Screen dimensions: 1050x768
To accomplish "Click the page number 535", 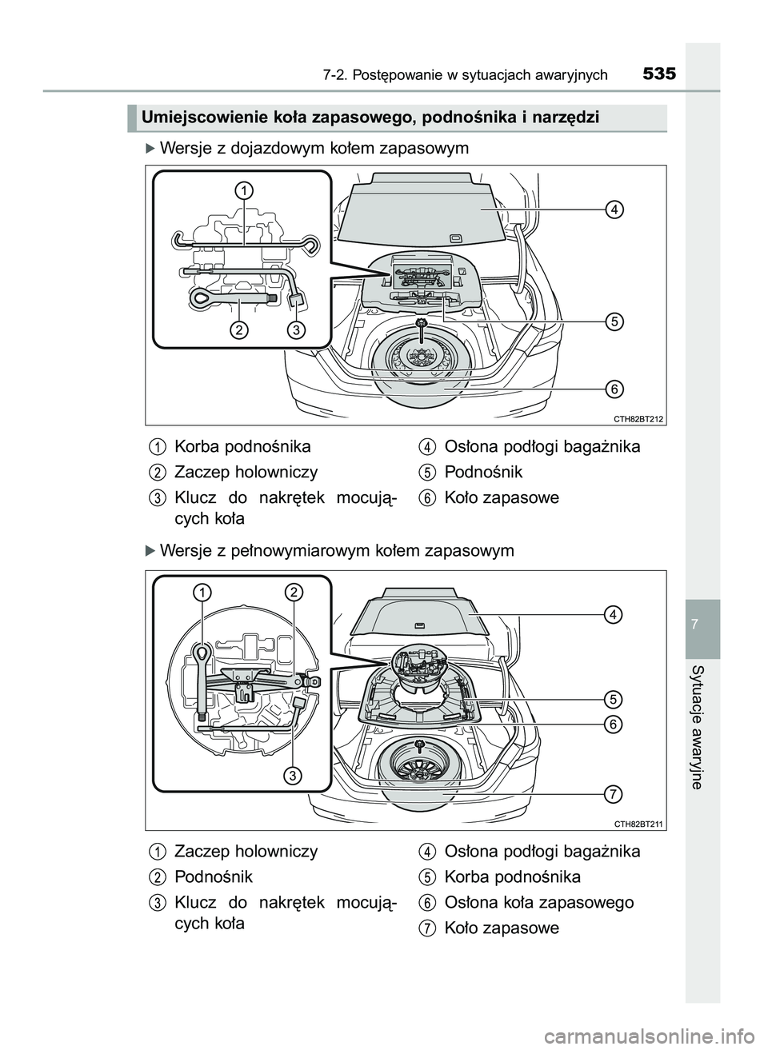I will pos(659,74).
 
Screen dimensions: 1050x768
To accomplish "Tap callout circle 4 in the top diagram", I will pos(613,210).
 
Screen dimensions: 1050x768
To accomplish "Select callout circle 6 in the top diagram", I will pos(613,389).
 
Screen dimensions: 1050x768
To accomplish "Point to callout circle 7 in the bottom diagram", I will pos(613,794).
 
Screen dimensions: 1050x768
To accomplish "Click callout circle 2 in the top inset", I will pos(238,329).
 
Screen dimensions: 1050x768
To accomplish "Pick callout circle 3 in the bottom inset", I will pos(294,775).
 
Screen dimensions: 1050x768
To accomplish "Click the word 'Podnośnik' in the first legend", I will pos(482,472).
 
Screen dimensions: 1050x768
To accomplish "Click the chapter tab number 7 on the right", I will pos(702,623).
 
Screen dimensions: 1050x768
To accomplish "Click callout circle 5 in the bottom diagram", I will pos(613,698).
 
